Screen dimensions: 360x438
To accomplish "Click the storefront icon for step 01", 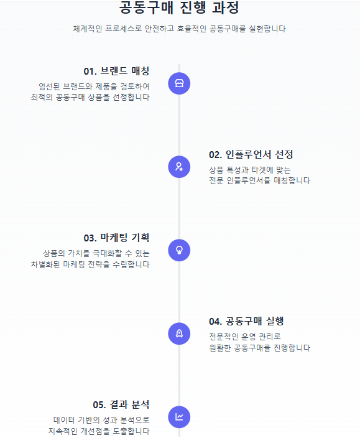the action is [x=179, y=83].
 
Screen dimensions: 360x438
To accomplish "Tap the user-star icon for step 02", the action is [x=179, y=167].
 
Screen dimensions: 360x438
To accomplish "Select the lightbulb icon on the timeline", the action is [x=179, y=250].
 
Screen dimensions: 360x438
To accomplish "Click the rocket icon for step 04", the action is [x=179, y=333].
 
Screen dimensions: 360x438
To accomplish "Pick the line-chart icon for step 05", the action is [x=179, y=417].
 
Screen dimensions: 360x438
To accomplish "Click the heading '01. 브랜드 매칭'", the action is [x=116, y=71].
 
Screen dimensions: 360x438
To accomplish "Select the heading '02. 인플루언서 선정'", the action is [x=251, y=154].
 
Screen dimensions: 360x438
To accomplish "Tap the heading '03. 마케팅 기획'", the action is [x=116, y=238].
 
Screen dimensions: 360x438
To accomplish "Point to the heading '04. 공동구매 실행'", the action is [x=246, y=321].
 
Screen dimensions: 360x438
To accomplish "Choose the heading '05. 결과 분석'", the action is [x=121, y=404].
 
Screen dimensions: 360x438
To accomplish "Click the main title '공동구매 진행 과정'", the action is [x=179, y=7].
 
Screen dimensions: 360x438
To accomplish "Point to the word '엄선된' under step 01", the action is [x=49, y=86].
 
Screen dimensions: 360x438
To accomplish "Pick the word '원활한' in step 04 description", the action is [x=219, y=348].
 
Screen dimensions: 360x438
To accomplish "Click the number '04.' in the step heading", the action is [x=216, y=322].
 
